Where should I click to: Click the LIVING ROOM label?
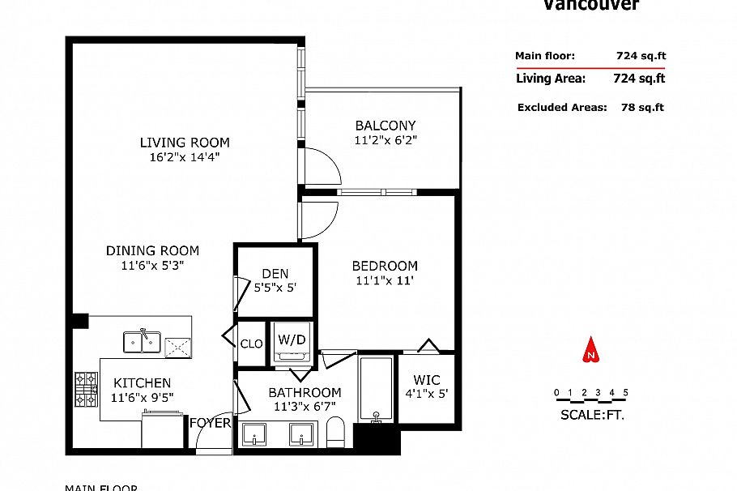[x=185, y=143]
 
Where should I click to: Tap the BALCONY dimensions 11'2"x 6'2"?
[x=385, y=139]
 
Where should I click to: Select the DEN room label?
[x=275, y=274]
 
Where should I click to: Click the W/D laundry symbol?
[x=292, y=340]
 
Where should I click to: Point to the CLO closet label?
[x=251, y=344]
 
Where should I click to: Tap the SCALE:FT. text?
[x=592, y=415]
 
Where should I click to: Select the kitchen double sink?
[x=143, y=342]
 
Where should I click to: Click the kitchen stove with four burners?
[x=86, y=389]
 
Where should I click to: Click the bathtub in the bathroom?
[x=376, y=389]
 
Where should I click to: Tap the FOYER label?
[x=210, y=422]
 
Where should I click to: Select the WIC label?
[x=426, y=379]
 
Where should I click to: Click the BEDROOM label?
[x=385, y=266]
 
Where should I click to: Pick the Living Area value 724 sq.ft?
[x=638, y=79]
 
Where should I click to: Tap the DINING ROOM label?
[x=153, y=251]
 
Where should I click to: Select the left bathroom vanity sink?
[x=255, y=433]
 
